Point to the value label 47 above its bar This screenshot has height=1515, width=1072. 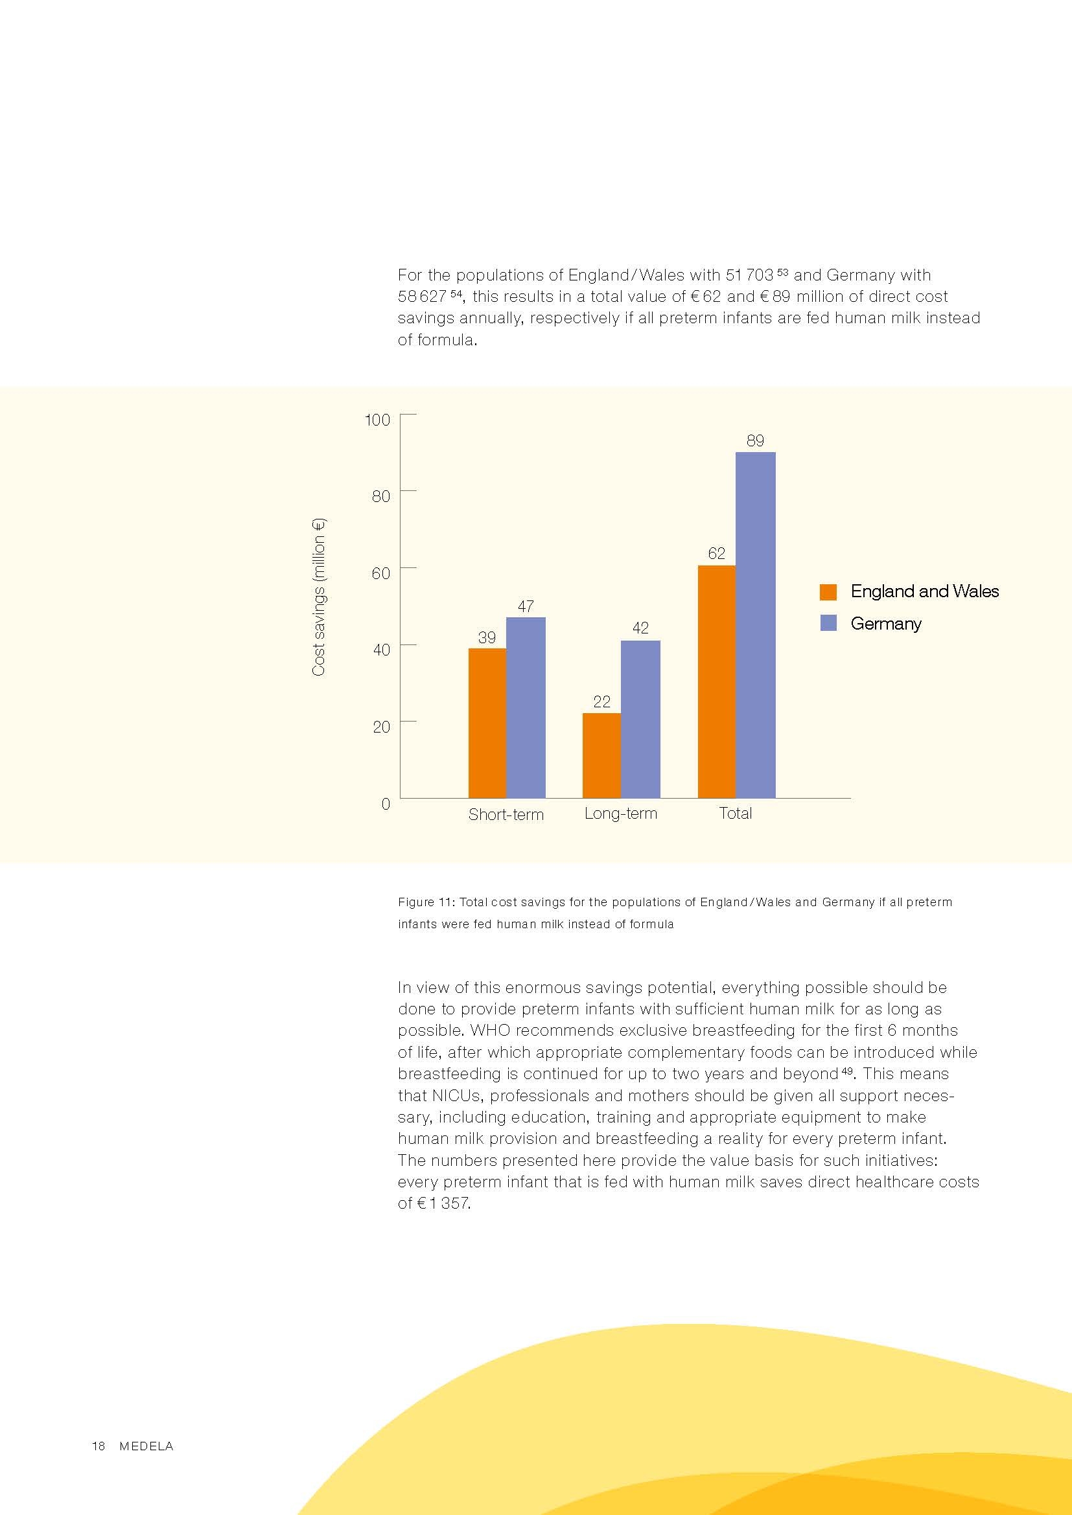(x=526, y=606)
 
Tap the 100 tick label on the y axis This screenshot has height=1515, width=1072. (x=378, y=420)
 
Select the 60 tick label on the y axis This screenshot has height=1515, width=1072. (x=381, y=573)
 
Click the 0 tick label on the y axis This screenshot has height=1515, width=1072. (x=386, y=804)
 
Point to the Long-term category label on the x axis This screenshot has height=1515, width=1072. (x=620, y=814)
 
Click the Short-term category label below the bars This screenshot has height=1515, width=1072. (x=506, y=814)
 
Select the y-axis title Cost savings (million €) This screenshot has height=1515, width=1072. (x=319, y=598)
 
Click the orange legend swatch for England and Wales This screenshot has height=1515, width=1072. (x=828, y=592)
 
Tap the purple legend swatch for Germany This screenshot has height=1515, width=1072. (x=828, y=623)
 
